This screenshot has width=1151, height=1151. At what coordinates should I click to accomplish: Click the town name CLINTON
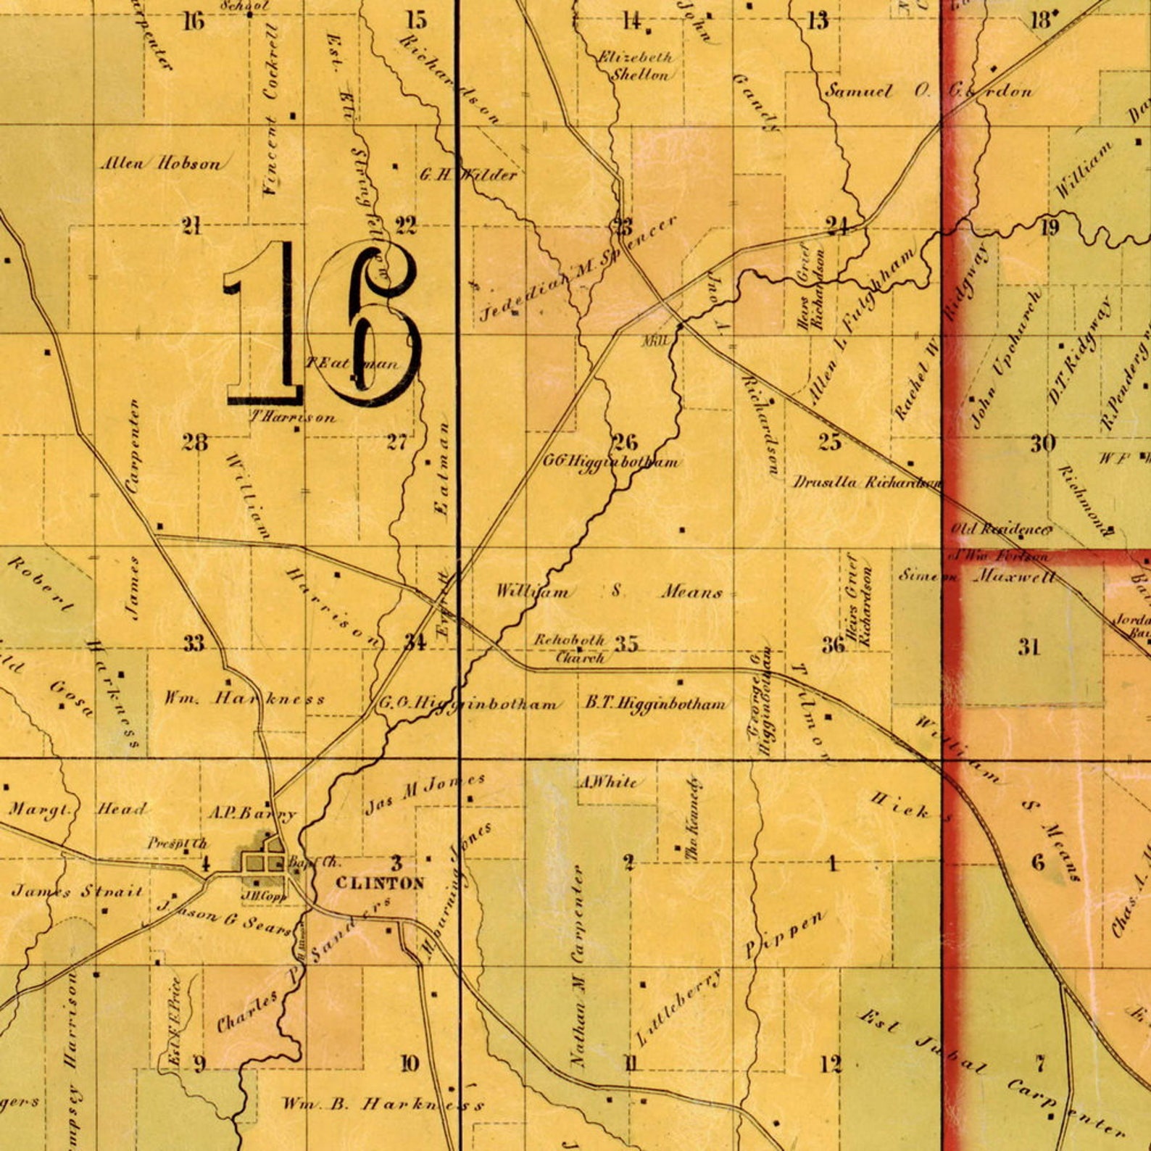(x=380, y=883)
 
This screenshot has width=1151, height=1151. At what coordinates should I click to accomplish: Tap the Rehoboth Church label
(x=570, y=649)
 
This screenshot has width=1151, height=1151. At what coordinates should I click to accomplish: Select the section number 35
(x=626, y=644)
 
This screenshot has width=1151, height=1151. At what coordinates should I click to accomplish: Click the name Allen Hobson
(x=160, y=164)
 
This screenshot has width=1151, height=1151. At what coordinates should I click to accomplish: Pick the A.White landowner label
(x=607, y=782)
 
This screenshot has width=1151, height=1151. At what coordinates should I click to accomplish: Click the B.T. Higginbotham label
(x=655, y=704)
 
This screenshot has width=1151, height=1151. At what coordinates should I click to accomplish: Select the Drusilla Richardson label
(x=867, y=483)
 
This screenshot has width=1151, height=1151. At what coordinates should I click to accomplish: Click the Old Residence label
(x=1001, y=530)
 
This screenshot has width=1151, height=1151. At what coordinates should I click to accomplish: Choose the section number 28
(x=195, y=442)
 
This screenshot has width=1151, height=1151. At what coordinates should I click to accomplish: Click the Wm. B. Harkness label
(x=382, y=1105)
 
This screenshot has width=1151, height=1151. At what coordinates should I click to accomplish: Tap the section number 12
(x=832, y=1064)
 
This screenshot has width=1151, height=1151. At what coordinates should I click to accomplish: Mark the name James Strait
(x=77, y=891)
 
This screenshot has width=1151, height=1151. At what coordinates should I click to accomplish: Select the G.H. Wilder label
(x=468, y=175)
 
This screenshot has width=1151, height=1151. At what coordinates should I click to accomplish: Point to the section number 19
(x=1050, y=228)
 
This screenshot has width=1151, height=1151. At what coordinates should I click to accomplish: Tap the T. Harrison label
(x=293, y=417)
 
